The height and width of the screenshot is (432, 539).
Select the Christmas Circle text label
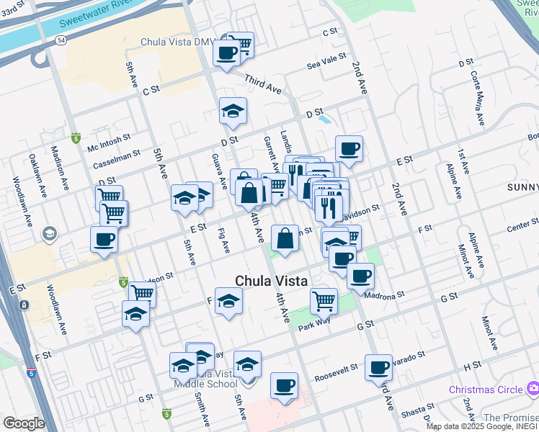(486, 390)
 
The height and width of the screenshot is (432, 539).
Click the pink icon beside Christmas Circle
(533, 389)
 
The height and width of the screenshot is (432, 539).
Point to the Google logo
(24, 423)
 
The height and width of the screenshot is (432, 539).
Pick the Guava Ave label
(214, 171)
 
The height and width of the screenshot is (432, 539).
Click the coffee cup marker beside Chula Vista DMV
(226, 53)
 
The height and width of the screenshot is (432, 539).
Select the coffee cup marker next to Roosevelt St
(285, 385)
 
